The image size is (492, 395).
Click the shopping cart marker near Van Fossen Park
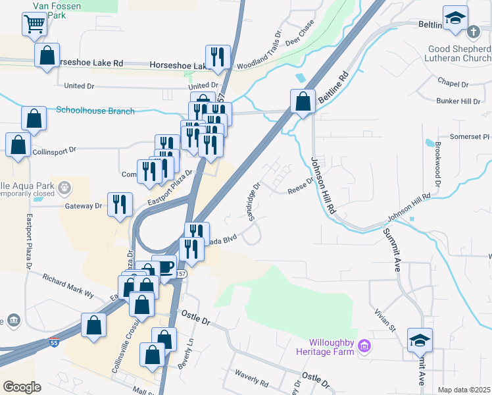(34, 25)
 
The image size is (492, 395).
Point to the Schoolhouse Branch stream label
(95, 111)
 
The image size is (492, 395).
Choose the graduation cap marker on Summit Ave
(420, 340)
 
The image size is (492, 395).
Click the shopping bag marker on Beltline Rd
(303, 101)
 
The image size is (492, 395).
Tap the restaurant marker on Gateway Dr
(120, 205)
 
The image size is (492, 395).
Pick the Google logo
(22, 387)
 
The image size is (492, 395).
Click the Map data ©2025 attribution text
(464, 390)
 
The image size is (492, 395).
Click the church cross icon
(474, 32)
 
